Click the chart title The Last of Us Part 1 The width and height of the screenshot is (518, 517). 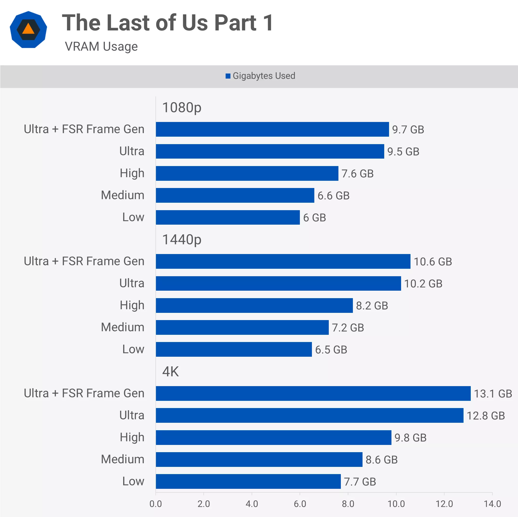[x=168, y=23]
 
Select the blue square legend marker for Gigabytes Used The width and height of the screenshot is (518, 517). [x=228, y=76]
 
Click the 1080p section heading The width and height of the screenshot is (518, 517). [x=182, y=107]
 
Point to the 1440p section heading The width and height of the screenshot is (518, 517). [x=182, y=240]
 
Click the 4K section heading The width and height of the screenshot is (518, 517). [x=170, y=372]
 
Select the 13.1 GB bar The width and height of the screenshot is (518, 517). [x=313, y=393]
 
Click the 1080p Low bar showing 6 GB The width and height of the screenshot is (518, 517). [x=228, y=217]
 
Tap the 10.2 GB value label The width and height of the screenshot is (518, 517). [x=423, y=284]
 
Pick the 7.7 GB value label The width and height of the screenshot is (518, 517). [x=360, y=482]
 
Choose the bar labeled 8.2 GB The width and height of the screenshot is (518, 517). [x=254, y=305]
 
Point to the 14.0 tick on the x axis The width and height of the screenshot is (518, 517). [x=492, y=504]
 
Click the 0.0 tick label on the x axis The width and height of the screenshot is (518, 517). [x=155, y=504]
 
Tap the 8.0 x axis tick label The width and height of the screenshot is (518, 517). [x=348, y=504]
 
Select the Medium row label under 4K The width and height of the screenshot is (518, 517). [x=122, y=459]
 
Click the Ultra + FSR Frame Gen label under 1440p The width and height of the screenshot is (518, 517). [x=84, y=261]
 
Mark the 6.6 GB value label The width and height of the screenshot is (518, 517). [x=334, y=196]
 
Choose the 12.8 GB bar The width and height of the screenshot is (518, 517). [x=309, y=415]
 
